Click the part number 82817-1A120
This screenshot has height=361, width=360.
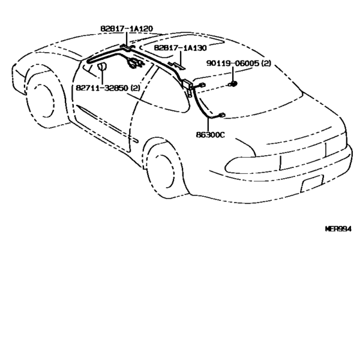(127, 28)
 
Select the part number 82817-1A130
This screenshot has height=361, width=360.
(181, 48)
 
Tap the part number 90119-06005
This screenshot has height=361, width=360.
(233, 63)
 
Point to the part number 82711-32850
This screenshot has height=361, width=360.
(102, 88)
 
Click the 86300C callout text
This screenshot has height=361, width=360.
(210, 134)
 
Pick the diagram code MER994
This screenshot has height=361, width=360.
(338, 229)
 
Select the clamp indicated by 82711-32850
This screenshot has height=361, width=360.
(102, 66)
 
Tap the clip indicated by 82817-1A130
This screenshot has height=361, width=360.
(177, 66)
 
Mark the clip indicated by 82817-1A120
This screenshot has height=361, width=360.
(127, 47)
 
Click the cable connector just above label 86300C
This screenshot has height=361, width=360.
(221, 115)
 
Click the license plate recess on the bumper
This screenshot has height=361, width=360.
(312, 183)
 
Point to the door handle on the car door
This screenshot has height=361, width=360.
(134, 140)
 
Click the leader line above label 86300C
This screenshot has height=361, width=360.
(208, 125)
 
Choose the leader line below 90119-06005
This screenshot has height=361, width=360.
(233, 73)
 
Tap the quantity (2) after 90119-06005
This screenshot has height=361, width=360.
(266, 63)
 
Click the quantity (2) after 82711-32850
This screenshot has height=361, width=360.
(135, 88)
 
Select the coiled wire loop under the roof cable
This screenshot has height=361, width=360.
(134, 63)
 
